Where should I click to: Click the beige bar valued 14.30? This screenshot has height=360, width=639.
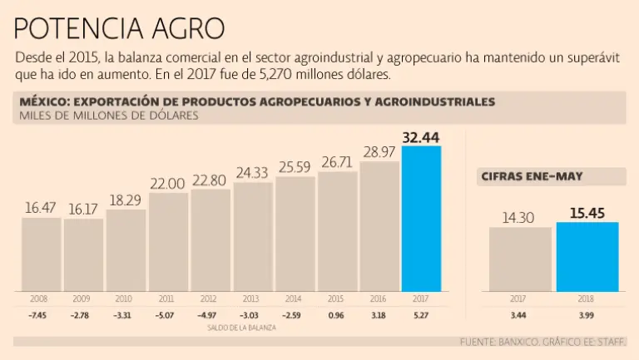pos(520,259)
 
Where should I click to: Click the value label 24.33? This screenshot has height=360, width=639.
pos(253,173)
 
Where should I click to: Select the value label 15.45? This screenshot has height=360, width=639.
pos(587,213)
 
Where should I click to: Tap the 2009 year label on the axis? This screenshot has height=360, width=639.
pos(82,298)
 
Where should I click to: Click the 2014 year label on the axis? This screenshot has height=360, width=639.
pos(295,298)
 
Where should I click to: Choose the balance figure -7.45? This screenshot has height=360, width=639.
pos(39,315)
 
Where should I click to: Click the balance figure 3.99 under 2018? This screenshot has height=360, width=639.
pos(587,315)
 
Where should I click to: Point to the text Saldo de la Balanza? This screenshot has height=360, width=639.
pos(242,328)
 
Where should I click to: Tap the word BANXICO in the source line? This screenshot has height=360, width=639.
pos(513,342)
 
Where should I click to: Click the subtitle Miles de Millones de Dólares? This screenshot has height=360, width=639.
pos(109,116)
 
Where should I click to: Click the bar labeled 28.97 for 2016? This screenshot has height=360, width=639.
pos(379,226)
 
